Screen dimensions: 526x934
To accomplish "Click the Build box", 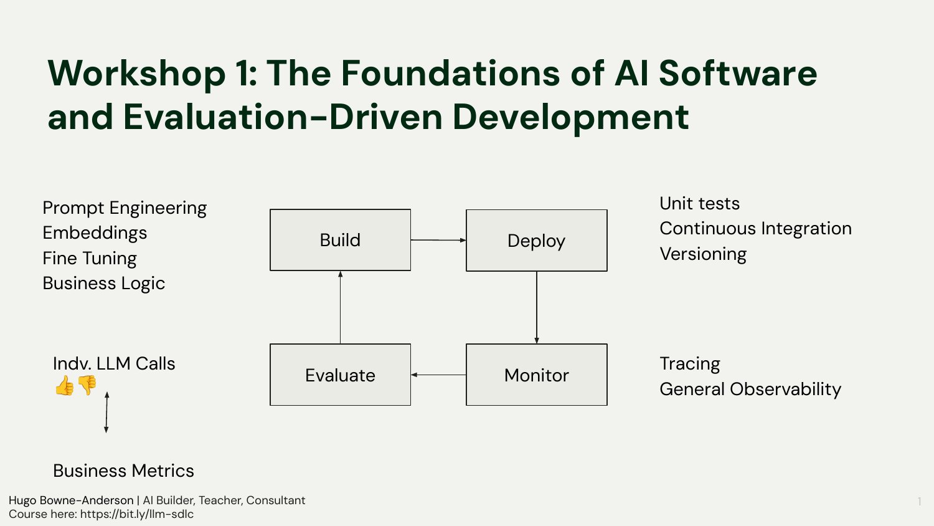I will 340,240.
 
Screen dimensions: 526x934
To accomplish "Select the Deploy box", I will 536,241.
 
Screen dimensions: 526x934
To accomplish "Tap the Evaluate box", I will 340,375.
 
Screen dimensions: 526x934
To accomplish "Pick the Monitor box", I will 536,375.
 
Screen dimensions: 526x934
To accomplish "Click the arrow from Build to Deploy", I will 438,240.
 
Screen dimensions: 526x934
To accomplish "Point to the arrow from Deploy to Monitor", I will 536,307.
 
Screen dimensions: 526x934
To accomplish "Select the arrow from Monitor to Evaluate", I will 438,375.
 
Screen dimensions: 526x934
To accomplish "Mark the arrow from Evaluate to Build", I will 340,307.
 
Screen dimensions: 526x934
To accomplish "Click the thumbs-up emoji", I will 64,386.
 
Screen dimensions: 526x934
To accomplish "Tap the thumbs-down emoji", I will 87,385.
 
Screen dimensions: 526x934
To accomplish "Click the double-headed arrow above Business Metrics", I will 106,412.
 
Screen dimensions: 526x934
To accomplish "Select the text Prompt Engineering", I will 125,208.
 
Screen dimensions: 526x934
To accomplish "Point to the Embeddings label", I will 95,233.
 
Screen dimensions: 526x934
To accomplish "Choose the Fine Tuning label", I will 90,258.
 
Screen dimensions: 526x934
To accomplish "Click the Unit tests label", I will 699,204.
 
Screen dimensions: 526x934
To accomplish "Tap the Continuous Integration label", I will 755,229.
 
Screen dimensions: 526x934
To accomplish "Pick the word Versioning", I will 703,254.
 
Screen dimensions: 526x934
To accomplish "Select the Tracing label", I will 690,363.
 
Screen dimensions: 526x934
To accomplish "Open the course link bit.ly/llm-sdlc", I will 137,514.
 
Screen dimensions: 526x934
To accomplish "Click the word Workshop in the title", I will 136,74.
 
